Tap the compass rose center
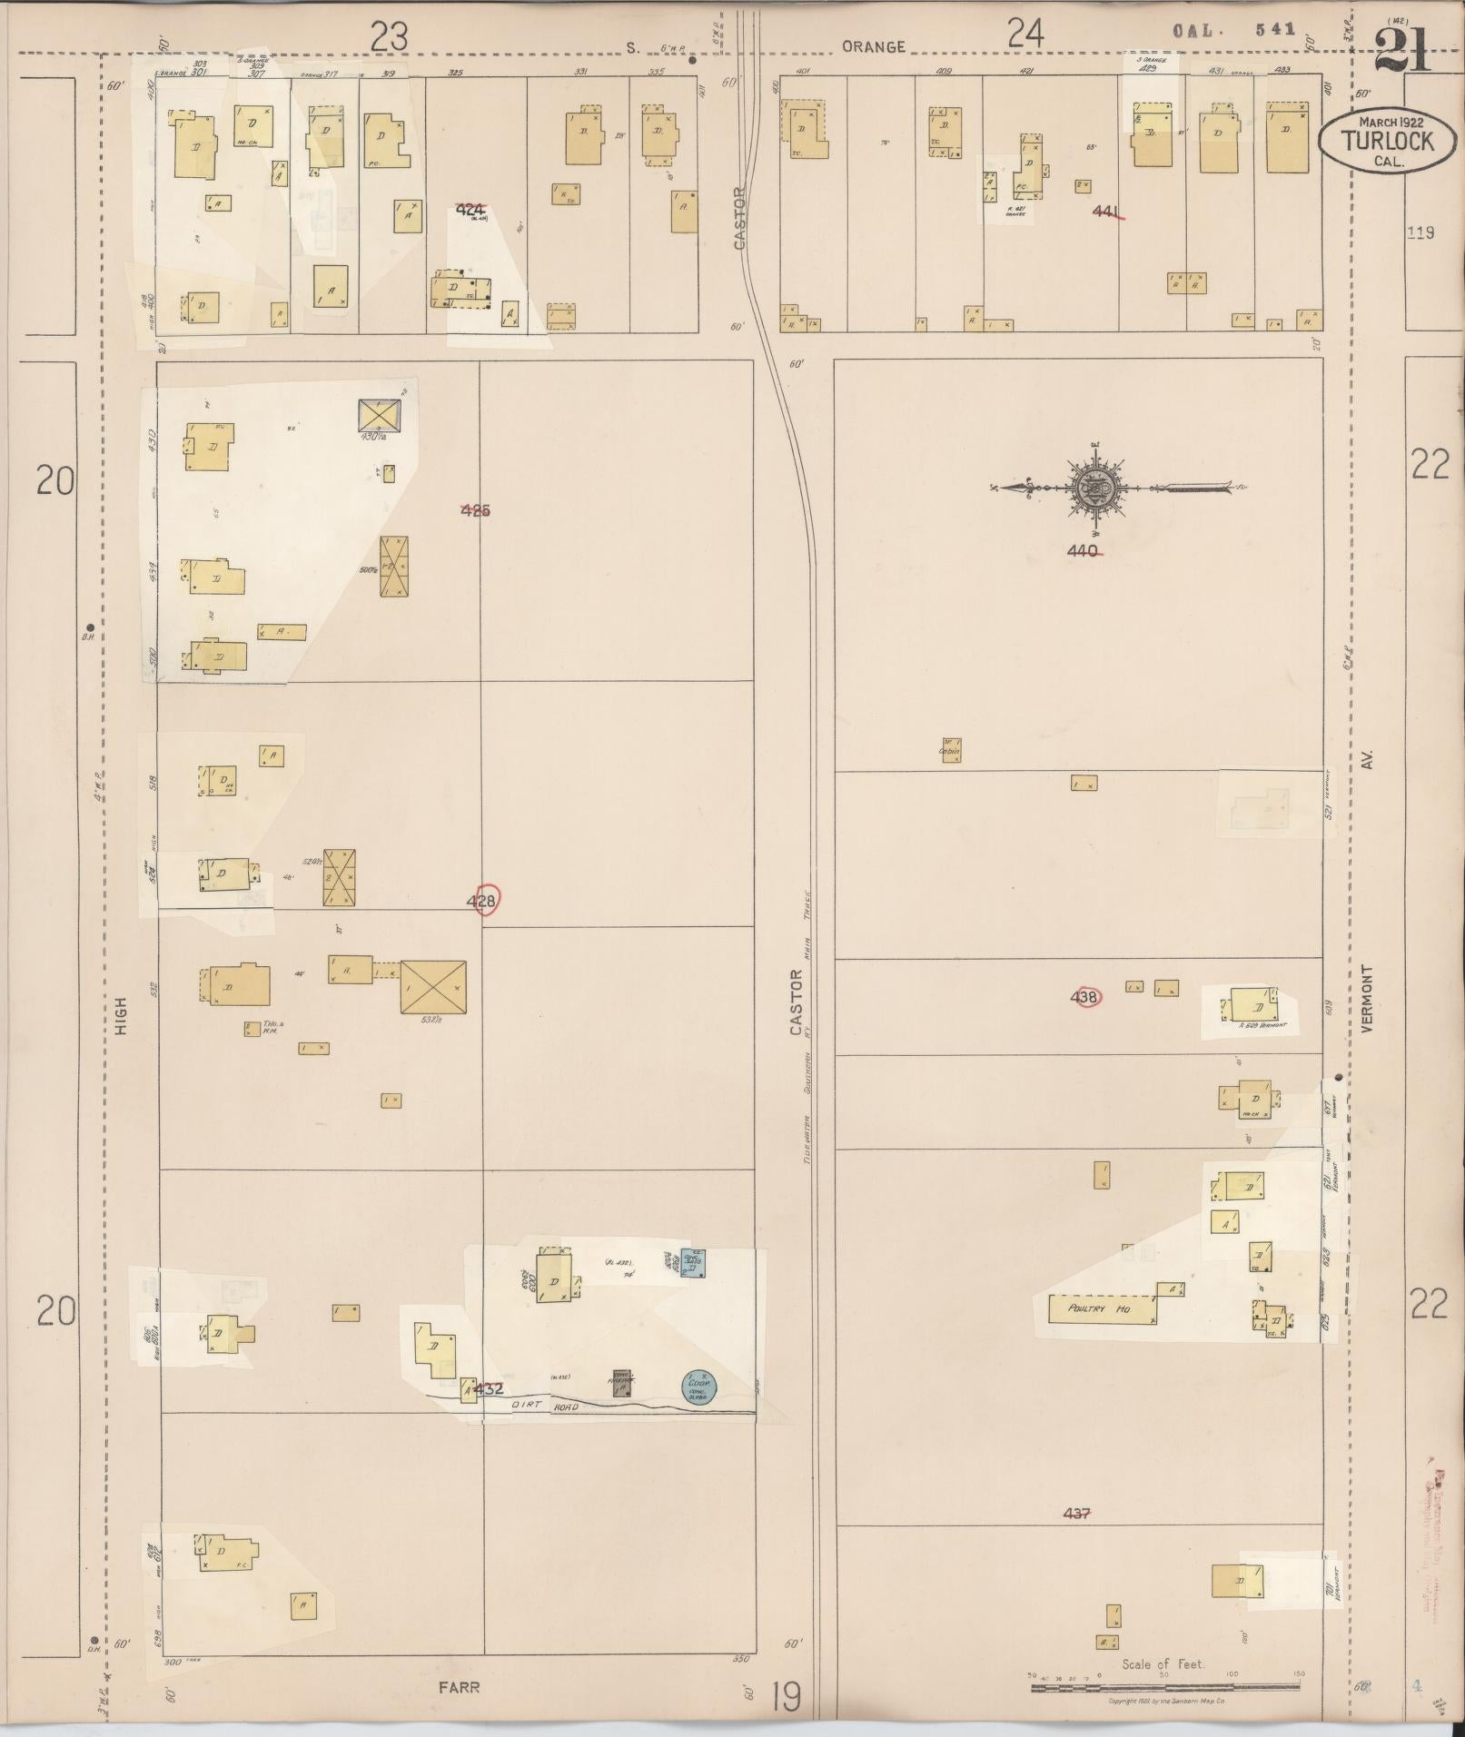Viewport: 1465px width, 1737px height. [1095, 489]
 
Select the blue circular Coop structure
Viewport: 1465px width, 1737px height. [698, 1386]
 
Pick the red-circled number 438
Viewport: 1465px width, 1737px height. [1085, 997]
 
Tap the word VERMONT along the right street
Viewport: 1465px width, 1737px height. [1368, 997]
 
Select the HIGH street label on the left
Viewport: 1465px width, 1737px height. [121, 1016]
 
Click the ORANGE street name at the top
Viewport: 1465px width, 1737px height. [873, 46]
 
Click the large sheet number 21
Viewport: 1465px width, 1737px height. [1402, 50]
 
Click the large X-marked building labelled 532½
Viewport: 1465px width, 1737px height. [433, 987]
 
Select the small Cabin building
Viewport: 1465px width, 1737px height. [951, 749]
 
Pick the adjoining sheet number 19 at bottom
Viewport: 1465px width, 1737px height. [787, 1694]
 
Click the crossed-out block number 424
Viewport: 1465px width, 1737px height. [470, 210]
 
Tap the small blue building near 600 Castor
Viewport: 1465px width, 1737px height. [693, 1263]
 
